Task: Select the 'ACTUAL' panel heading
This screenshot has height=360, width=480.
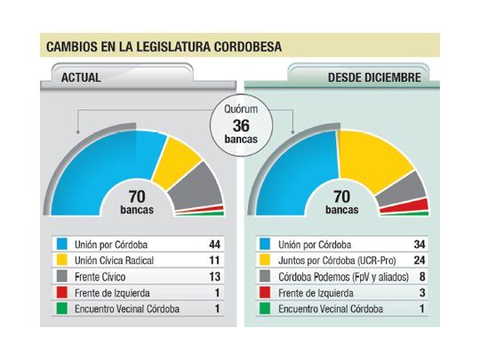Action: pyautogui.click(x=81, y=77)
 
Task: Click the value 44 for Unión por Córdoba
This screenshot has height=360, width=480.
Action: pyautogui.click(x=214, y=244)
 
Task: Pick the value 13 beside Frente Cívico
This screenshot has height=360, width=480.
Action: pyautogui.click(x=214, y=277)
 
